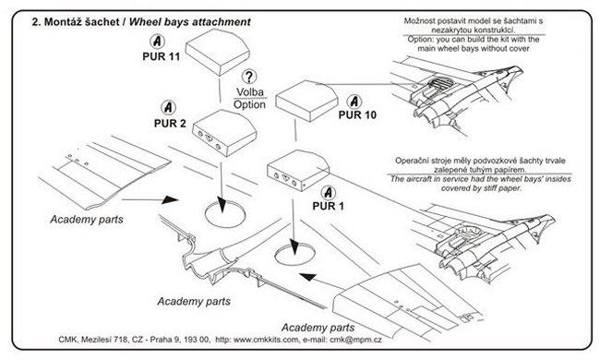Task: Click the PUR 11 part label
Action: tap(162, 56)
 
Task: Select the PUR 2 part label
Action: tap(170, 124)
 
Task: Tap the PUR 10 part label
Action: tap(357, 114)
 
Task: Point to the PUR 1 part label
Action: tap(329, 206)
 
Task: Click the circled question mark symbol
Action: tap(249, 77)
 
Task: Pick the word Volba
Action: tap(250, 92)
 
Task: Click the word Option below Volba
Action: tap(249, 105)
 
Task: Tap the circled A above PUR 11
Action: tap(157, 42)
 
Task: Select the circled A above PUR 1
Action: tap(328, 192)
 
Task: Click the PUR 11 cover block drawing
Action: tap(217, 52)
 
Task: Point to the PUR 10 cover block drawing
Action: tap(306, 101)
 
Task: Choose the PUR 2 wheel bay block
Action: tap(224, 133)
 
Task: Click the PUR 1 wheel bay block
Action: tap(298, 170)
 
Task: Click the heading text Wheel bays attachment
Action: tap(190, 22)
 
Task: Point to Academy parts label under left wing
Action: tap(87, 220)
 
